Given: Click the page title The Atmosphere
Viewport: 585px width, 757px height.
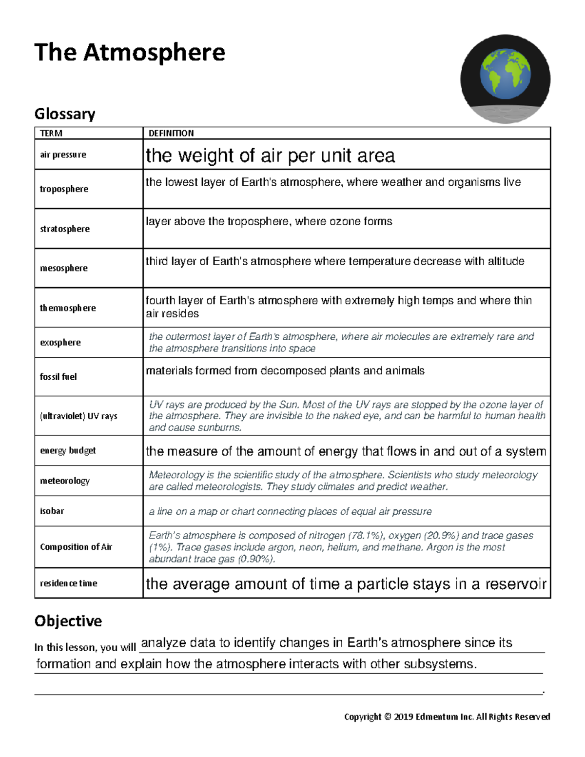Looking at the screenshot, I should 130,53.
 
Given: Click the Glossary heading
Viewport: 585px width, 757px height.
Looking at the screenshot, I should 64,114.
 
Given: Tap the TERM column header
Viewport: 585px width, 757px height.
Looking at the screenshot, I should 51,133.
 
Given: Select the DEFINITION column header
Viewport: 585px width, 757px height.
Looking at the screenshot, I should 171,133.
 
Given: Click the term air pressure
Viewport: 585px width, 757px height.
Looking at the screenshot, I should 63,155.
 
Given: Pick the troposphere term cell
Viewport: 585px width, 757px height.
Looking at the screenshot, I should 64,189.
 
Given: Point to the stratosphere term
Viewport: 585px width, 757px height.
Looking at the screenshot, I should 64,229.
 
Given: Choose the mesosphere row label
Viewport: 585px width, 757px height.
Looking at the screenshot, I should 63,268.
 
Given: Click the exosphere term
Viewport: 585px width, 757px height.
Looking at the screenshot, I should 60,342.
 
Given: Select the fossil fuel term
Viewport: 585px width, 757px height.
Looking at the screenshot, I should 58,377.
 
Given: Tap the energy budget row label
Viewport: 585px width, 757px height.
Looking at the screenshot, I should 68,450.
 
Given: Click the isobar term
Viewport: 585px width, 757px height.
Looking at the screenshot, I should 52,511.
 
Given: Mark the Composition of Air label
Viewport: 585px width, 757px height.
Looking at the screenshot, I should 76,547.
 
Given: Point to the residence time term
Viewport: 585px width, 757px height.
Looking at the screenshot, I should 68,583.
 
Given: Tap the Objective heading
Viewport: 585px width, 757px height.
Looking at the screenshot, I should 68,621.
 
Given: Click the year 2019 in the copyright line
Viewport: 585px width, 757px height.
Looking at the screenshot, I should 403,717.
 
